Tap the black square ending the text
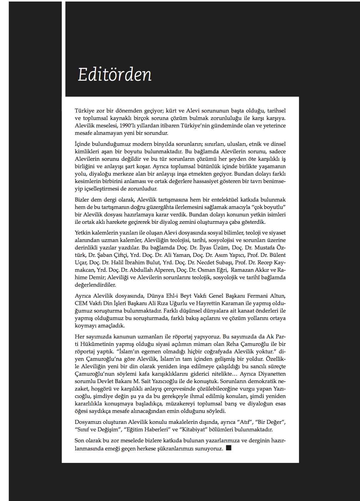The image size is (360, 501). click(x=228, y=448)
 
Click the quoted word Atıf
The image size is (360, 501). click(x=243, y=422)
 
